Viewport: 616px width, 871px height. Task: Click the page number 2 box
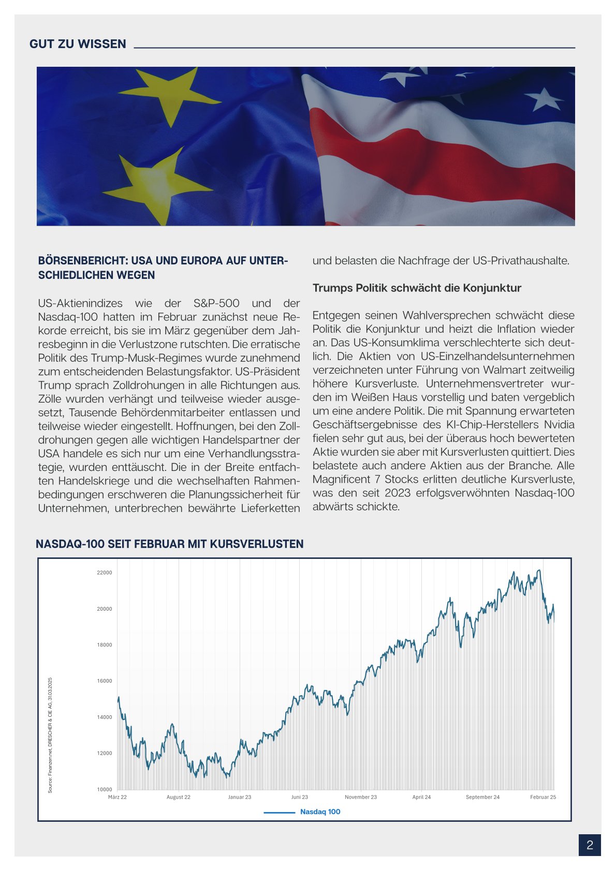point(590,845)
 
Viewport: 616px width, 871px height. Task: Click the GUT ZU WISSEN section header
point(78,44)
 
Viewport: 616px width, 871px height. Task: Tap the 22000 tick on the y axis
point(105,573)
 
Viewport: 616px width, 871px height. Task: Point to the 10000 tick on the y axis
point(105,789)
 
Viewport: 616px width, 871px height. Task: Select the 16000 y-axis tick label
point(105,681)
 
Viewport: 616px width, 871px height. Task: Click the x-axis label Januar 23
point(240,797)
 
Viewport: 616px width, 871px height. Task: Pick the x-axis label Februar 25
point(543,797)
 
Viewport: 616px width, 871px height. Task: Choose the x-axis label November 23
point(361,797)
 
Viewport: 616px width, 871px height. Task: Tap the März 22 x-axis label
point(118,797)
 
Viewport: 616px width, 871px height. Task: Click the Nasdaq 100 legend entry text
point(320,811)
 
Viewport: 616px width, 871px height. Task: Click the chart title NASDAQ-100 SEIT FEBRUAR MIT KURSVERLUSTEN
point(170,544)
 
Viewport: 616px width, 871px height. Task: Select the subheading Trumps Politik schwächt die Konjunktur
point(417,288)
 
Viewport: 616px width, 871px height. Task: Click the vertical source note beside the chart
point(50,735)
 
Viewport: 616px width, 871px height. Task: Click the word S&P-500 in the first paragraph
point(216,303)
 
